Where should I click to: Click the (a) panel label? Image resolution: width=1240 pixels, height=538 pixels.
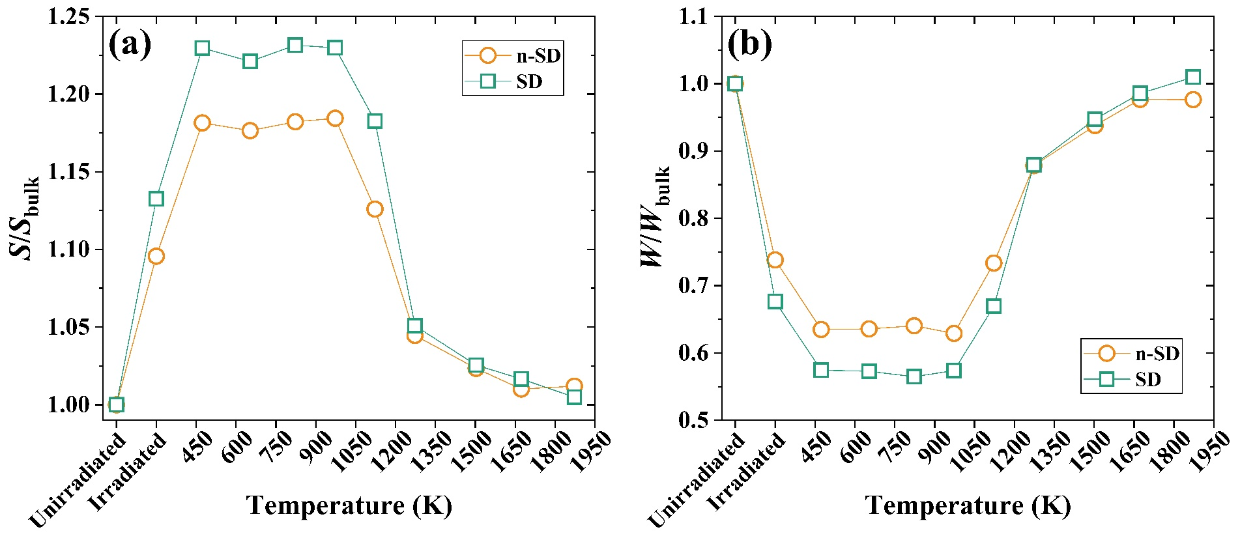coord(130,45)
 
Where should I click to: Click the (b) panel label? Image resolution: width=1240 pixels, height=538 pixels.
coord(749,45)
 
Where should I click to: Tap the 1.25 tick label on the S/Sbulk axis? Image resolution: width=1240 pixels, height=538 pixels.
coord(69,16)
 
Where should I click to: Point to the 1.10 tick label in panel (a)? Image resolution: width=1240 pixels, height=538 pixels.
coord(69,249)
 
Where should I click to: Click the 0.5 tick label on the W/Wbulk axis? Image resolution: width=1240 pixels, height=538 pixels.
coord(695,420)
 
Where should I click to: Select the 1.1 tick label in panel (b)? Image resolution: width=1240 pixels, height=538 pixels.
coord(695,16)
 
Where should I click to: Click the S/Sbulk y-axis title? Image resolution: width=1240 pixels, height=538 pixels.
coord(26,218)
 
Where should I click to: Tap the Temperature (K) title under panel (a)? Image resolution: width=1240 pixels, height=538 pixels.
coord(349,505)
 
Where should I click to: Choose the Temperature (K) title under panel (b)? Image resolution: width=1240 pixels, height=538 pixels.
coord(968,505)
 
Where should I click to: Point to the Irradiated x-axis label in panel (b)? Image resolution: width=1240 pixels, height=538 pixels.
coord(747,472)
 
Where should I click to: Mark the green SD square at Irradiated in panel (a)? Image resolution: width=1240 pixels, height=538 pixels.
coord(156,199)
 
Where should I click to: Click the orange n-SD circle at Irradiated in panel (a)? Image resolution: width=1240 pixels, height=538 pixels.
coord(156,257)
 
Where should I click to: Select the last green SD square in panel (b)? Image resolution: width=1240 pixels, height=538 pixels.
coord(1193,77)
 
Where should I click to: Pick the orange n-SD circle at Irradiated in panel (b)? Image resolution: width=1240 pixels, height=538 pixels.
coord(775,261)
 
